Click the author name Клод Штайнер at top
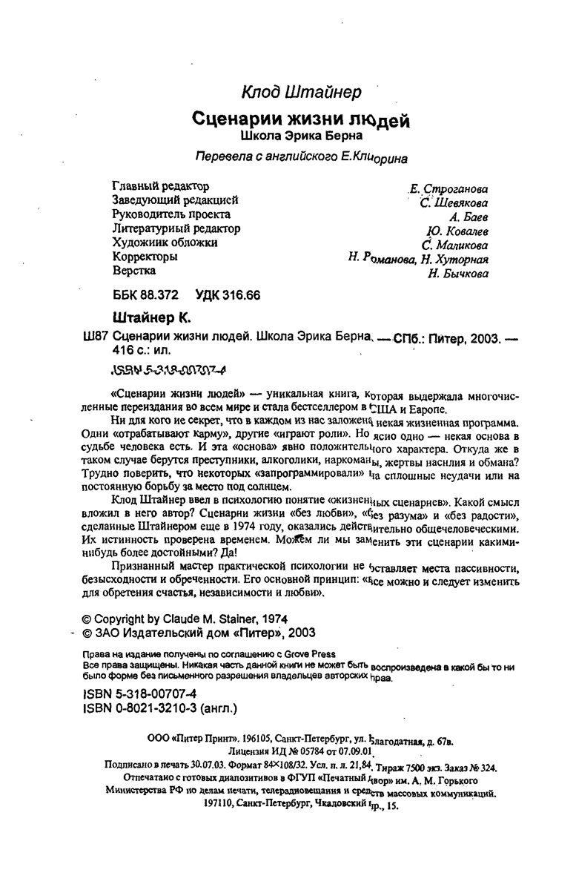coord(302,92)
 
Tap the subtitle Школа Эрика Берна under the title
coord(302,137)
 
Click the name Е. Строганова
coord(444,189)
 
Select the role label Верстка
coord(133,271)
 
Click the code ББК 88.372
coord(145,294)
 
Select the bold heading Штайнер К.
coord(151,317)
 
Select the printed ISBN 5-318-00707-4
coord(138,694)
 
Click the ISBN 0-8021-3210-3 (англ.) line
coord(157,708)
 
